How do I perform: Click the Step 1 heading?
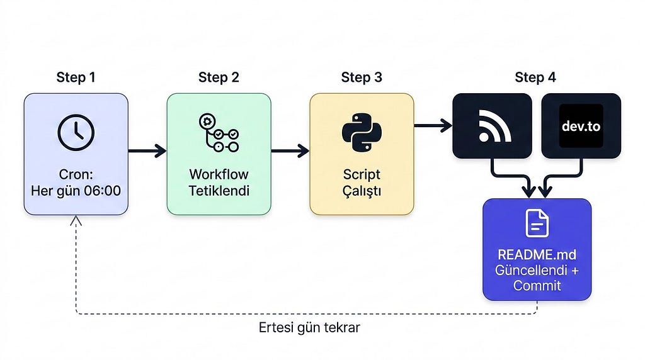click(x=76, y=77)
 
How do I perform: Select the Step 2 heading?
click(x=219, y=77)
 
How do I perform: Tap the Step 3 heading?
click(x=362, y=77)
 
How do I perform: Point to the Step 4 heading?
click(x=535, y=77)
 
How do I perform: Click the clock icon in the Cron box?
click(x=76, y=132)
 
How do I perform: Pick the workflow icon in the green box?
click(x=219, y=133)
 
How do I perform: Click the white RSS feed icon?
click(x=494, y=126)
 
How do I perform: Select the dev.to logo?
click(x=581, y=126)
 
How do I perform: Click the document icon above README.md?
click(x=537, y=223)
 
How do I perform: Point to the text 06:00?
click(x=102, y=191)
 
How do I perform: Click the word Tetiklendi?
click(x=219, y=191)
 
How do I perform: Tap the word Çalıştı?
click(x=362, y=191)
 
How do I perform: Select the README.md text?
click(x=537, y=255)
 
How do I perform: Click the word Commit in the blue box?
click(x=537, y=285)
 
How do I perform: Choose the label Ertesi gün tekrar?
click(x=309, y=328)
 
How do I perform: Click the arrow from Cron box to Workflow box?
click(x=147, y=151)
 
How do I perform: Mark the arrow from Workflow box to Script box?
click(x=290, y=151)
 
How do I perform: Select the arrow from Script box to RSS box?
click(x=433, y=126)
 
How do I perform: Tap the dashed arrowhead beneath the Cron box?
click(x=76, y=220)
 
